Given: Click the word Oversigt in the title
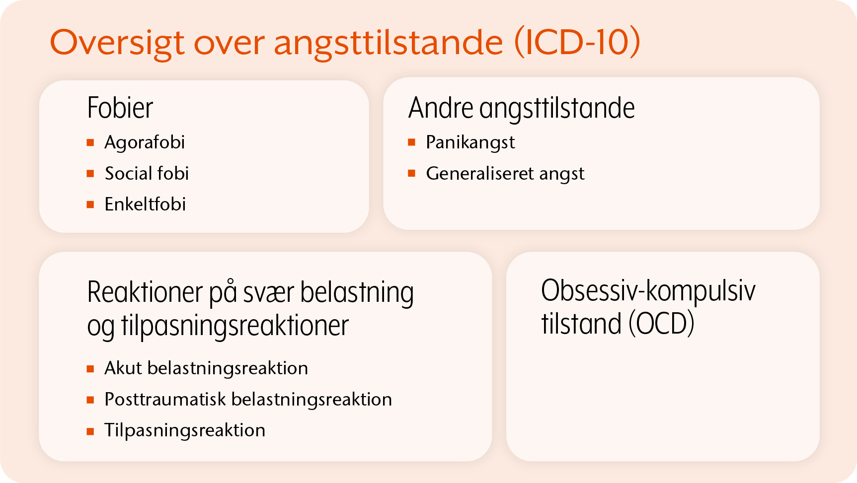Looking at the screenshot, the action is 117,43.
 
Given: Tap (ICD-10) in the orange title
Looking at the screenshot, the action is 577,42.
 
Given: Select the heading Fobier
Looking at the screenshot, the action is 120,108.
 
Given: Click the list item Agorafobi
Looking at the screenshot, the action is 145,143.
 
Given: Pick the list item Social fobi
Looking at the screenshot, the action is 147,173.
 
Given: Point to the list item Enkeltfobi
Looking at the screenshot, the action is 145,204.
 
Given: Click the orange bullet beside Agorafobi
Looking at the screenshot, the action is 90,143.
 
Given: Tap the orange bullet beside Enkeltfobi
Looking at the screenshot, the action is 90,205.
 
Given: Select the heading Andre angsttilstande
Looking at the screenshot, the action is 522,108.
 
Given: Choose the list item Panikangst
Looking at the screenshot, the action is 470,143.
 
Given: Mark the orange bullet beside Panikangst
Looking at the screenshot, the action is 411,143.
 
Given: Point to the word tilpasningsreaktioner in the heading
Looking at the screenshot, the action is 235,326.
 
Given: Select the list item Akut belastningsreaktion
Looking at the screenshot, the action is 206,368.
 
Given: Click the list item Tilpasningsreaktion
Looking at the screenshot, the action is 185,430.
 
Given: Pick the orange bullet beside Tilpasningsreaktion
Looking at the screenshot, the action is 90,431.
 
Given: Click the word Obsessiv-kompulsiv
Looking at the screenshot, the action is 648,291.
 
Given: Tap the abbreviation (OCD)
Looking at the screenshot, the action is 661,324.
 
